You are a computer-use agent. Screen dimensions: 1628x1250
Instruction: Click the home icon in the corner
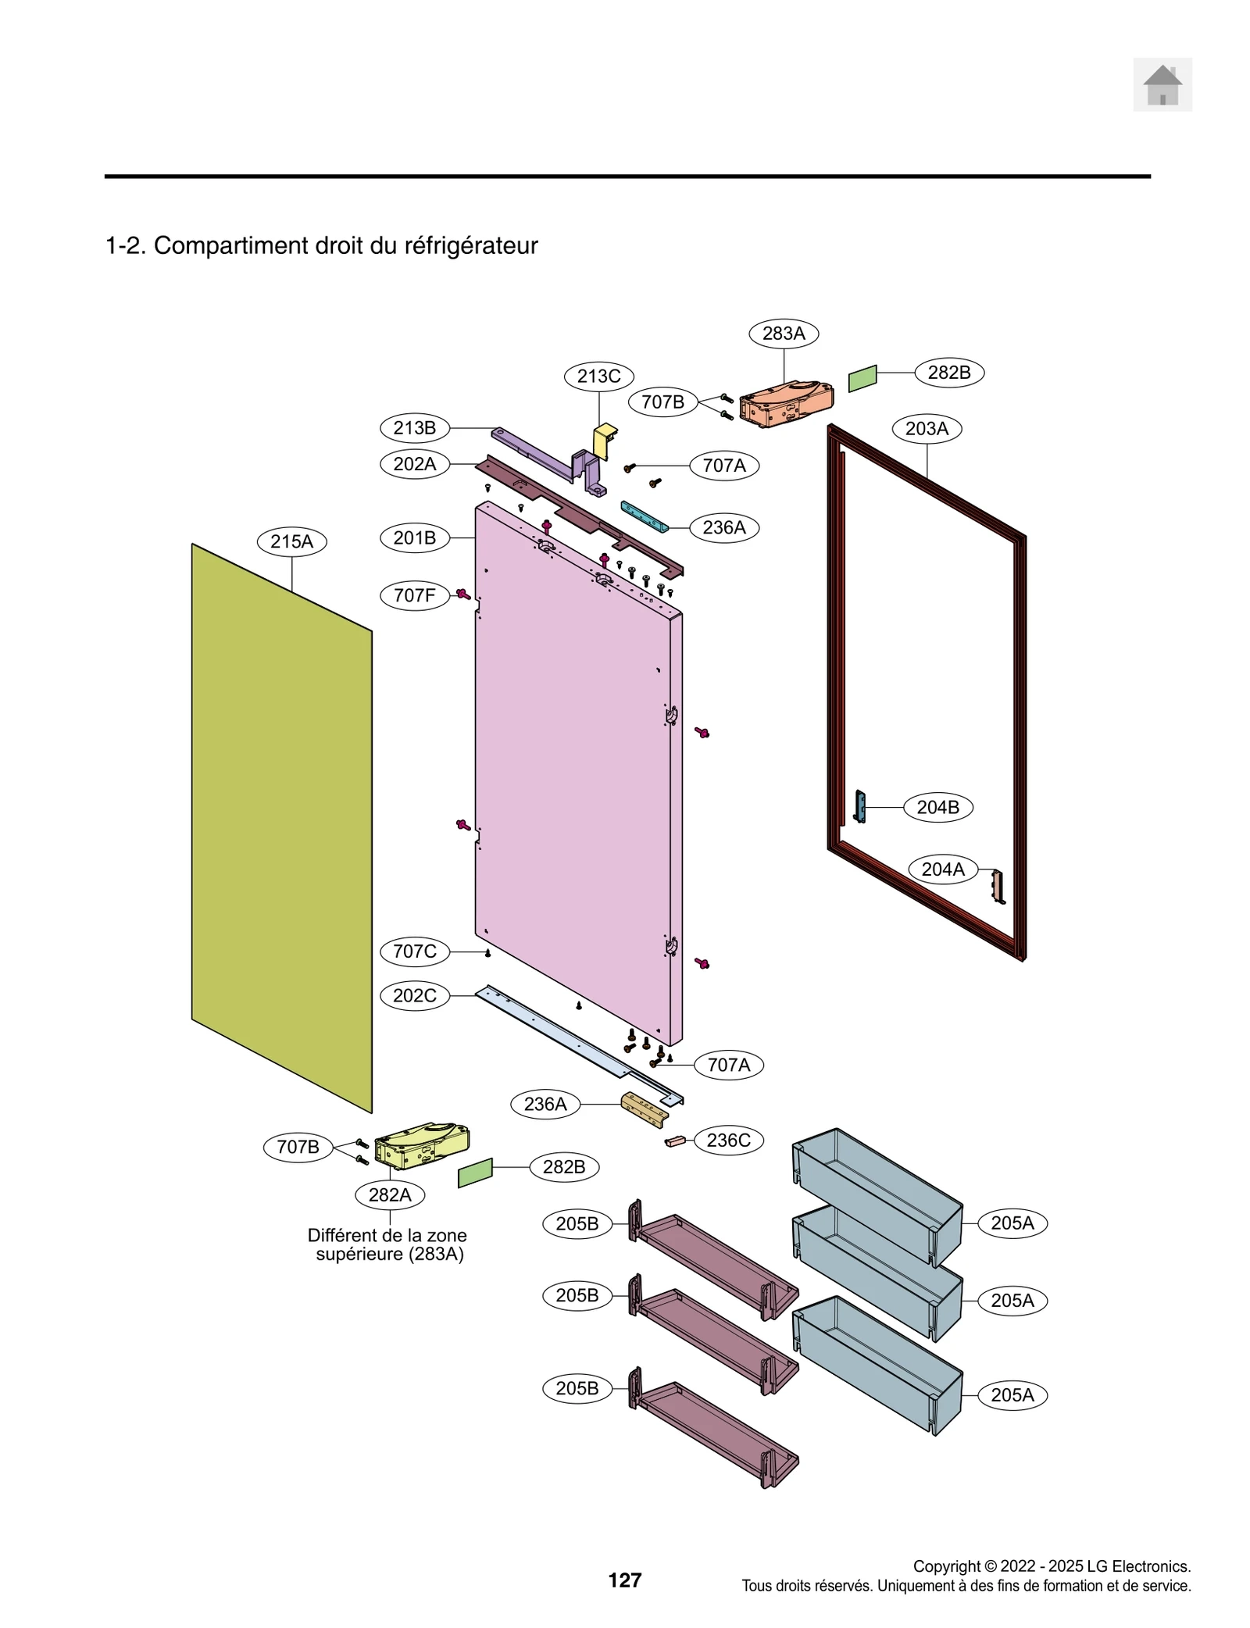(x=1162, y=84)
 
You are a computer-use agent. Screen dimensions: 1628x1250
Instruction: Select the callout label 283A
(x=783, y=334)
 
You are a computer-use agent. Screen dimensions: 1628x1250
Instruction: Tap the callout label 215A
(x=291, y=541)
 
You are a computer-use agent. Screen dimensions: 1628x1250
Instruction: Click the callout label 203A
(x=927, y=428)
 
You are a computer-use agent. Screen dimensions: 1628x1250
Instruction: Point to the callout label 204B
(x=937, y=807)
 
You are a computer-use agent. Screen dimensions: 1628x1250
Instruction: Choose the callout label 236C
(x=728, y=1140)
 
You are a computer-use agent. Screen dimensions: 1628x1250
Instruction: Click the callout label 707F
(x=414, y=595)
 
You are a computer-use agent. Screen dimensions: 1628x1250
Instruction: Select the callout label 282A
(x=390, y=1194)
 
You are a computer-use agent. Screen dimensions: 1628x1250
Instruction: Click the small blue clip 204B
(x=861, y=806)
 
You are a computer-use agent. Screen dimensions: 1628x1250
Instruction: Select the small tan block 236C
(x=675, y=1141)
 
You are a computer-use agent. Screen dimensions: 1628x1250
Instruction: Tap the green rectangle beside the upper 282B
(x=862, y=378)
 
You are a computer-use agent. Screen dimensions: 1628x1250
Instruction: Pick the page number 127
(x=624, y=1580)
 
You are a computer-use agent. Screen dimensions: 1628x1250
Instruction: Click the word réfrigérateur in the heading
(x=470, y=245)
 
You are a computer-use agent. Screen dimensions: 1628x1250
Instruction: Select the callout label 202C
(x=414, y=995)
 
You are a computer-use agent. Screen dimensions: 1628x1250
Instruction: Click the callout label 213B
(x=414, y=427)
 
